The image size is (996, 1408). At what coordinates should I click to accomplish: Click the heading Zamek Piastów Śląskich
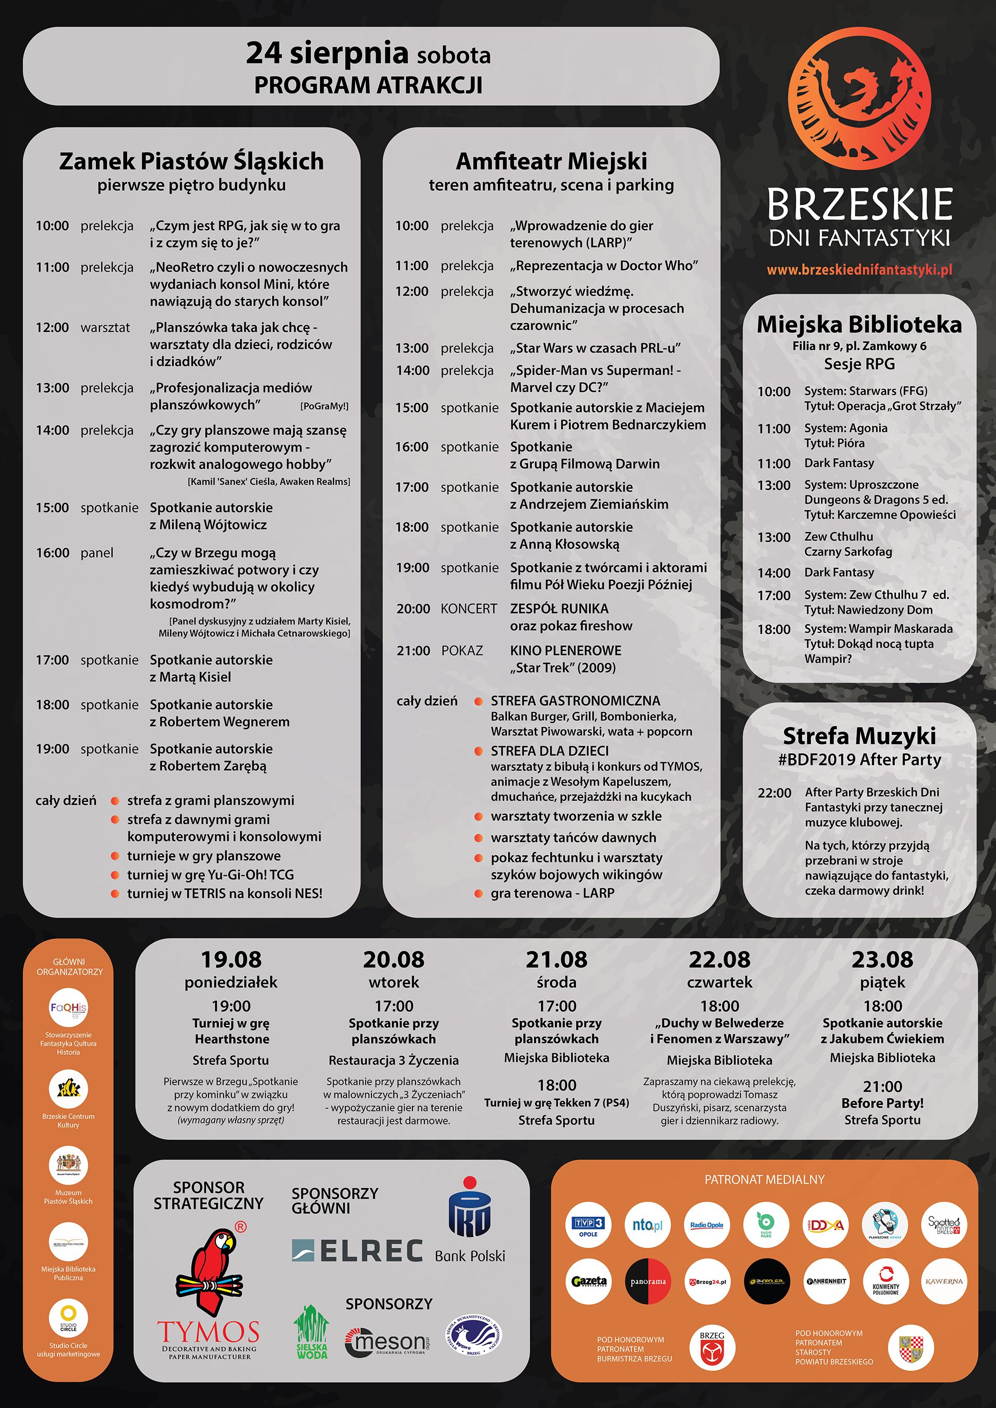pos(191,161)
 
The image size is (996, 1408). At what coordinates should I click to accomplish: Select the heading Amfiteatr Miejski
pos(551,161)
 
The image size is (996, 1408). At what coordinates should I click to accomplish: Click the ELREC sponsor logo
pos(357,1251)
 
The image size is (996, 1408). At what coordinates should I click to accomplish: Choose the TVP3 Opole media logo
pos(588,1225)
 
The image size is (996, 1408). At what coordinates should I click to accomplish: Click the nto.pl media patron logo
pos(647,1225)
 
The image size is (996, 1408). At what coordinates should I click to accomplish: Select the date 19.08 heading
pos(231,959)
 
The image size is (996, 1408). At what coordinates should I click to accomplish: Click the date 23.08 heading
pos(882,959)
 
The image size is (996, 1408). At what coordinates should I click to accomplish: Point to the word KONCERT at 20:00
pos(468,609)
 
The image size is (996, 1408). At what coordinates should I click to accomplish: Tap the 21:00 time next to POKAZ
pos(413,651)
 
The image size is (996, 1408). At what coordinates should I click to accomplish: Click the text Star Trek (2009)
pos(562,668)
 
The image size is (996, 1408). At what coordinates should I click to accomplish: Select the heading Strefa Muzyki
pos(859,735)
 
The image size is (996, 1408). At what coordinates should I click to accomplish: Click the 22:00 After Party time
pos(774,793)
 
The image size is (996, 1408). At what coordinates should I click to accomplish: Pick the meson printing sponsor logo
pos(386,1343)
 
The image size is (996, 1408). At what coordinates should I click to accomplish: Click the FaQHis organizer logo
pos(68,1008)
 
